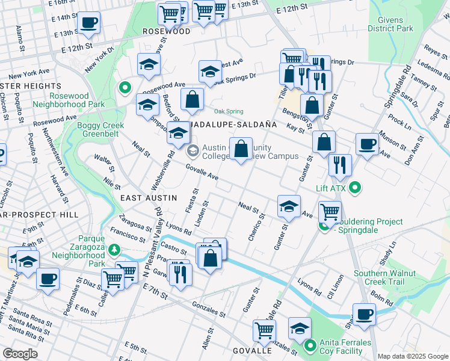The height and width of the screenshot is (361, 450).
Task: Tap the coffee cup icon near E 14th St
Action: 89,23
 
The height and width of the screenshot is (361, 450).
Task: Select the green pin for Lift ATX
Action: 355,188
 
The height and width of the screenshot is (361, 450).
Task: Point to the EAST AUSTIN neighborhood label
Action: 149,197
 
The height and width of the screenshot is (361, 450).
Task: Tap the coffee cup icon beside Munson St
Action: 367,144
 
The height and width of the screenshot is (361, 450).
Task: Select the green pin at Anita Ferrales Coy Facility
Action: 310,345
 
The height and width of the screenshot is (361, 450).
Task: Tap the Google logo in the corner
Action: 20,354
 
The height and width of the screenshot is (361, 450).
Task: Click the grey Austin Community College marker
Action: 193,149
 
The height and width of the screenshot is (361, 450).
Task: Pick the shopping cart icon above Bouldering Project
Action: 330,212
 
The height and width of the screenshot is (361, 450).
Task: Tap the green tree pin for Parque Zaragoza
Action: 120,249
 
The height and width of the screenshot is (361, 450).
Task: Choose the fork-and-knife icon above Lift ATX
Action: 340,164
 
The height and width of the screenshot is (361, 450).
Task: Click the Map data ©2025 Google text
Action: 413,356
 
